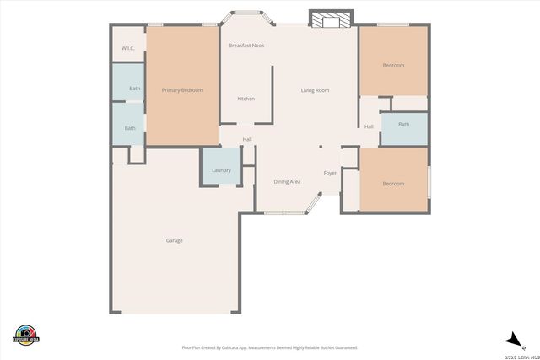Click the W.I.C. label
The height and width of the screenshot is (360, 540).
click(128, 48)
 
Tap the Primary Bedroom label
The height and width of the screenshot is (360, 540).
click(182, 90)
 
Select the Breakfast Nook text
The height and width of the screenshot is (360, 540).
click(246, 46)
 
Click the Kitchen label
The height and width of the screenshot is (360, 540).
click(246, 99)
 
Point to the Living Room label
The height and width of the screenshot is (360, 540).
click(316, 90)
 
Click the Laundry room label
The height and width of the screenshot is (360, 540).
click(221, 170)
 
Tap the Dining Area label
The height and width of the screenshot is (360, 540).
click(287, 182)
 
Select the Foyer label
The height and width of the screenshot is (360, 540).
click(330, 173)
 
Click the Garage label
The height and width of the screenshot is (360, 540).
click(174, 241)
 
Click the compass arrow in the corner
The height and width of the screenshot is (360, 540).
click(512, 339)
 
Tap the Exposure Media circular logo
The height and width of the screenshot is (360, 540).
click(27, 334)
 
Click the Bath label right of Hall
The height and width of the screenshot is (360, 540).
click(403, 125)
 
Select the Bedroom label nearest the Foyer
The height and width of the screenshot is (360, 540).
click(393, 184)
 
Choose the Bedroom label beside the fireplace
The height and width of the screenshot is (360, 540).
click(393, 66)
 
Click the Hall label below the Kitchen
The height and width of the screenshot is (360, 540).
click(247, 140)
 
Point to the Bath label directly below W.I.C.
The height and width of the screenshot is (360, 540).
click(134, 89)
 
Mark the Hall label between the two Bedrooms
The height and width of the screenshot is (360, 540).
click(369, 127)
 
